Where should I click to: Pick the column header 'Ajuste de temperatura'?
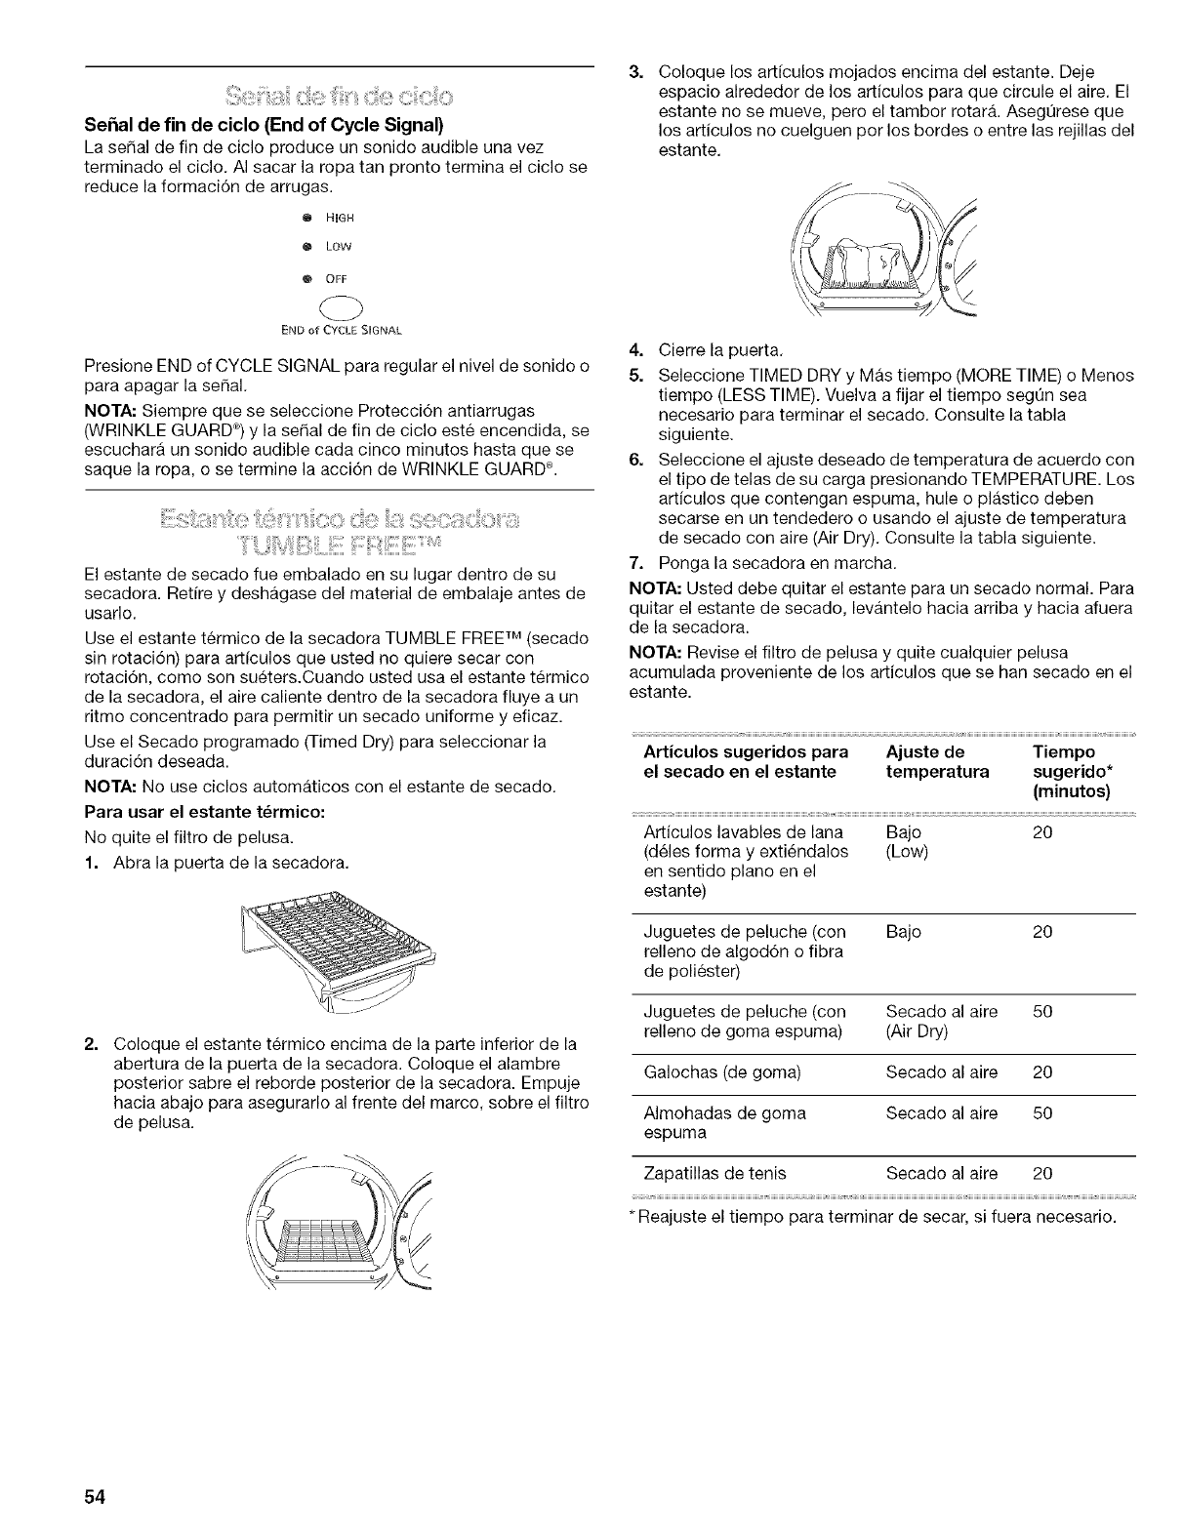[x=937, y=762]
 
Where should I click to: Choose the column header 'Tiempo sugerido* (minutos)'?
[x=1071, y=772]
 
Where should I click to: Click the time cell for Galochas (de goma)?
[x=1042, y=1072]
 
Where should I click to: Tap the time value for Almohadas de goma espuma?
[x=1042, y=1113]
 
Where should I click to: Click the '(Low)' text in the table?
[x=908, y=852]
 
